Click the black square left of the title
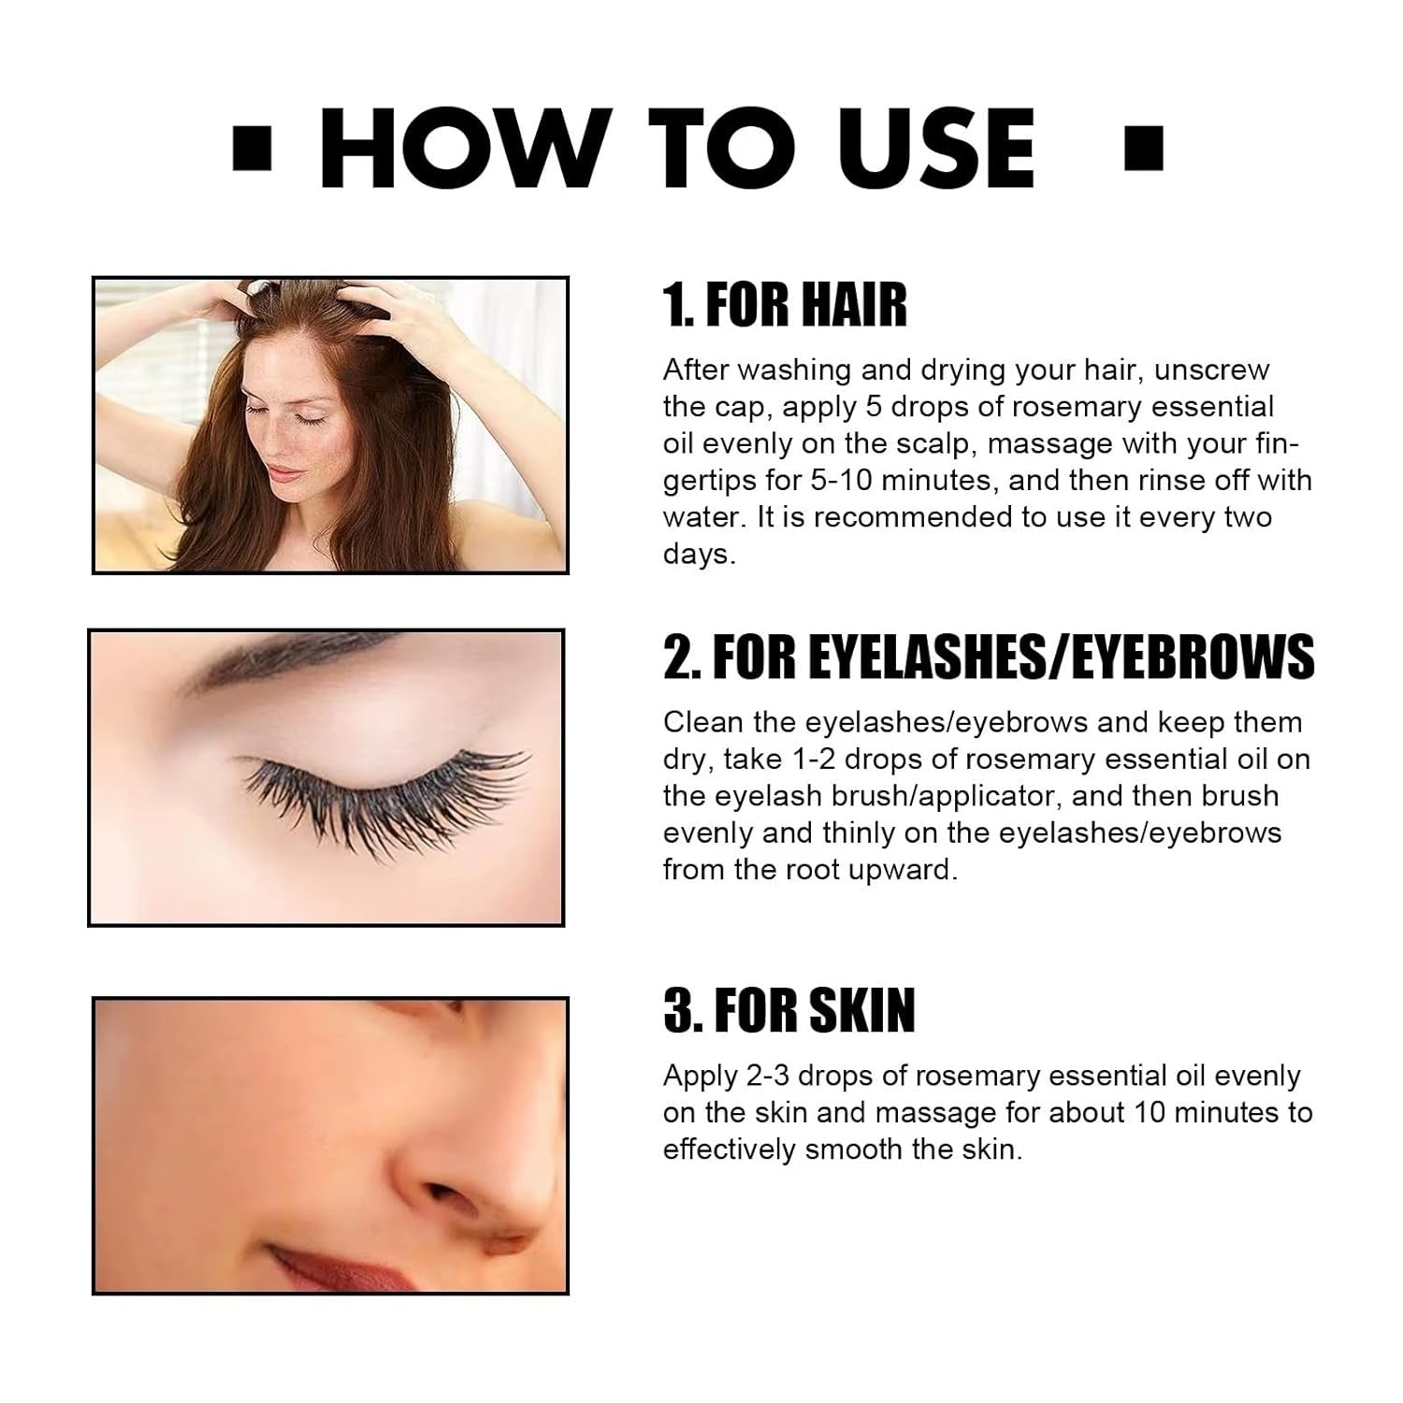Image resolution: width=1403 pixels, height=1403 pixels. pyautogui.click(x=251, y=151)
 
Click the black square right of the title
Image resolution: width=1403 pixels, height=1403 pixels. pyautogui.click(x=1143, y=151)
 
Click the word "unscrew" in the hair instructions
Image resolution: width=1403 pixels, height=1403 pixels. pyautogui.click(x=1211, y=370)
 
